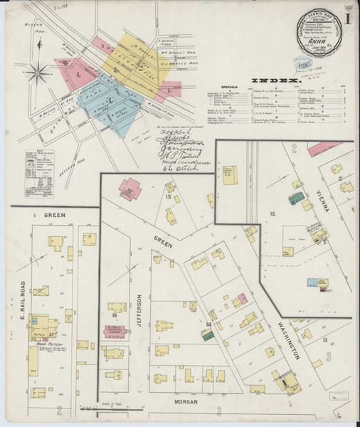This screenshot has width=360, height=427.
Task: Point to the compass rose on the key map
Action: click(x=41, y=71)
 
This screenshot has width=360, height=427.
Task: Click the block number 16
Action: click(x=114, y=315)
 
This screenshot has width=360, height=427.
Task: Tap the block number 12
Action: click(x=272, y=213)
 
